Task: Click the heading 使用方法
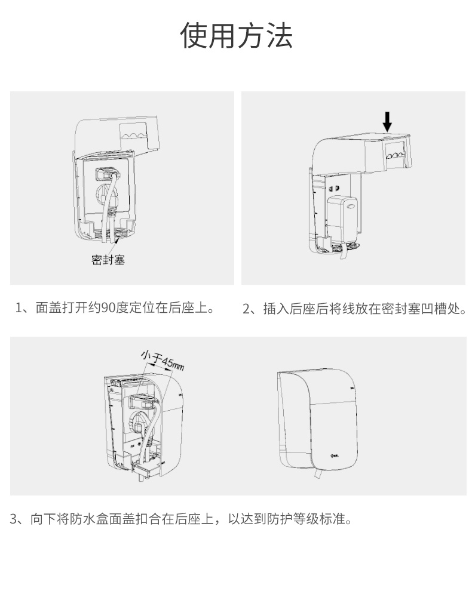pos(236,36)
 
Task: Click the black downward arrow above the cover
pos(387,121)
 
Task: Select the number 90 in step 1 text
pos(108,308)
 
